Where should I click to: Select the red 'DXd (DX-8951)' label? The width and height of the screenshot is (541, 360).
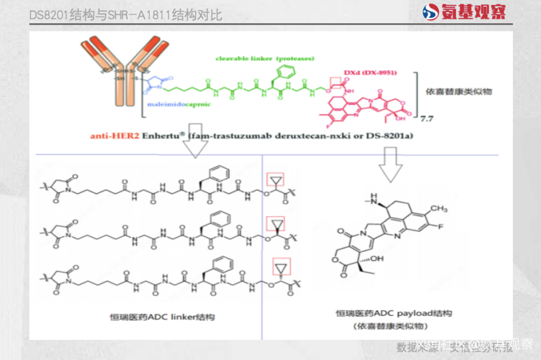(369, 72)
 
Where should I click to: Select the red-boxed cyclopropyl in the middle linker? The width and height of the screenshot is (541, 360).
(275, 224)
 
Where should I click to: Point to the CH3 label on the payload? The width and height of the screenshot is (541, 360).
(439, 208)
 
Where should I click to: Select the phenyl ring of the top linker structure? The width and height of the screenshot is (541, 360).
(210, 173)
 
